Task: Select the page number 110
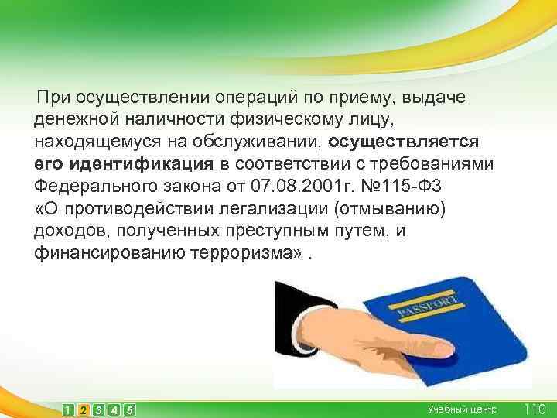click(535, 408)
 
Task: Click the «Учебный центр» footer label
click(463, 409)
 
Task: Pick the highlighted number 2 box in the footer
click(84, 409)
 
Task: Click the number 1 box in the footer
click(69, 409)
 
